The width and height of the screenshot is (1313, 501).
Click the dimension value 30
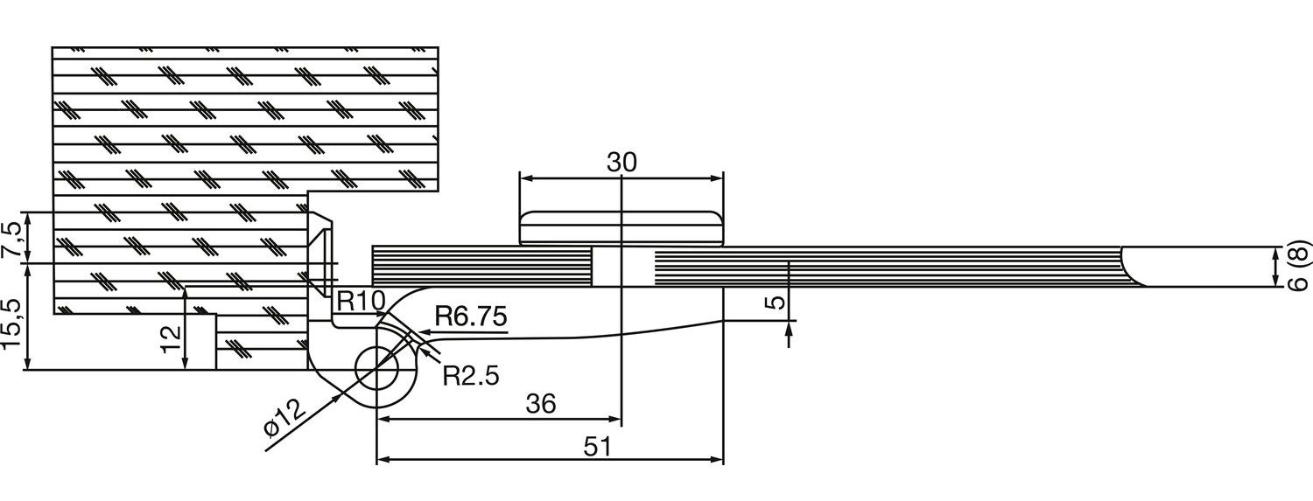point(622,163)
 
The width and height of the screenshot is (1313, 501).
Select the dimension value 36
point(541,403)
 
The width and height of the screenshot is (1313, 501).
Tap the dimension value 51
point(597,445)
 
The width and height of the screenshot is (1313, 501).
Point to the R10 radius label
point(361,303)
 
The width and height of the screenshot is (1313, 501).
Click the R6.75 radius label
point(471,317)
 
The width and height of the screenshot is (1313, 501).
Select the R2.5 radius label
point(470,376)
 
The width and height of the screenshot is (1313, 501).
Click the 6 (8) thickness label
point(1300,266)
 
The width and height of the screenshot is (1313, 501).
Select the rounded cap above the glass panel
point(621,227)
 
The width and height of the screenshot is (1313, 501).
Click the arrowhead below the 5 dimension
point(790,329)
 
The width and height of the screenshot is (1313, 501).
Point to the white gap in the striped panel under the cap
point(621,267)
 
